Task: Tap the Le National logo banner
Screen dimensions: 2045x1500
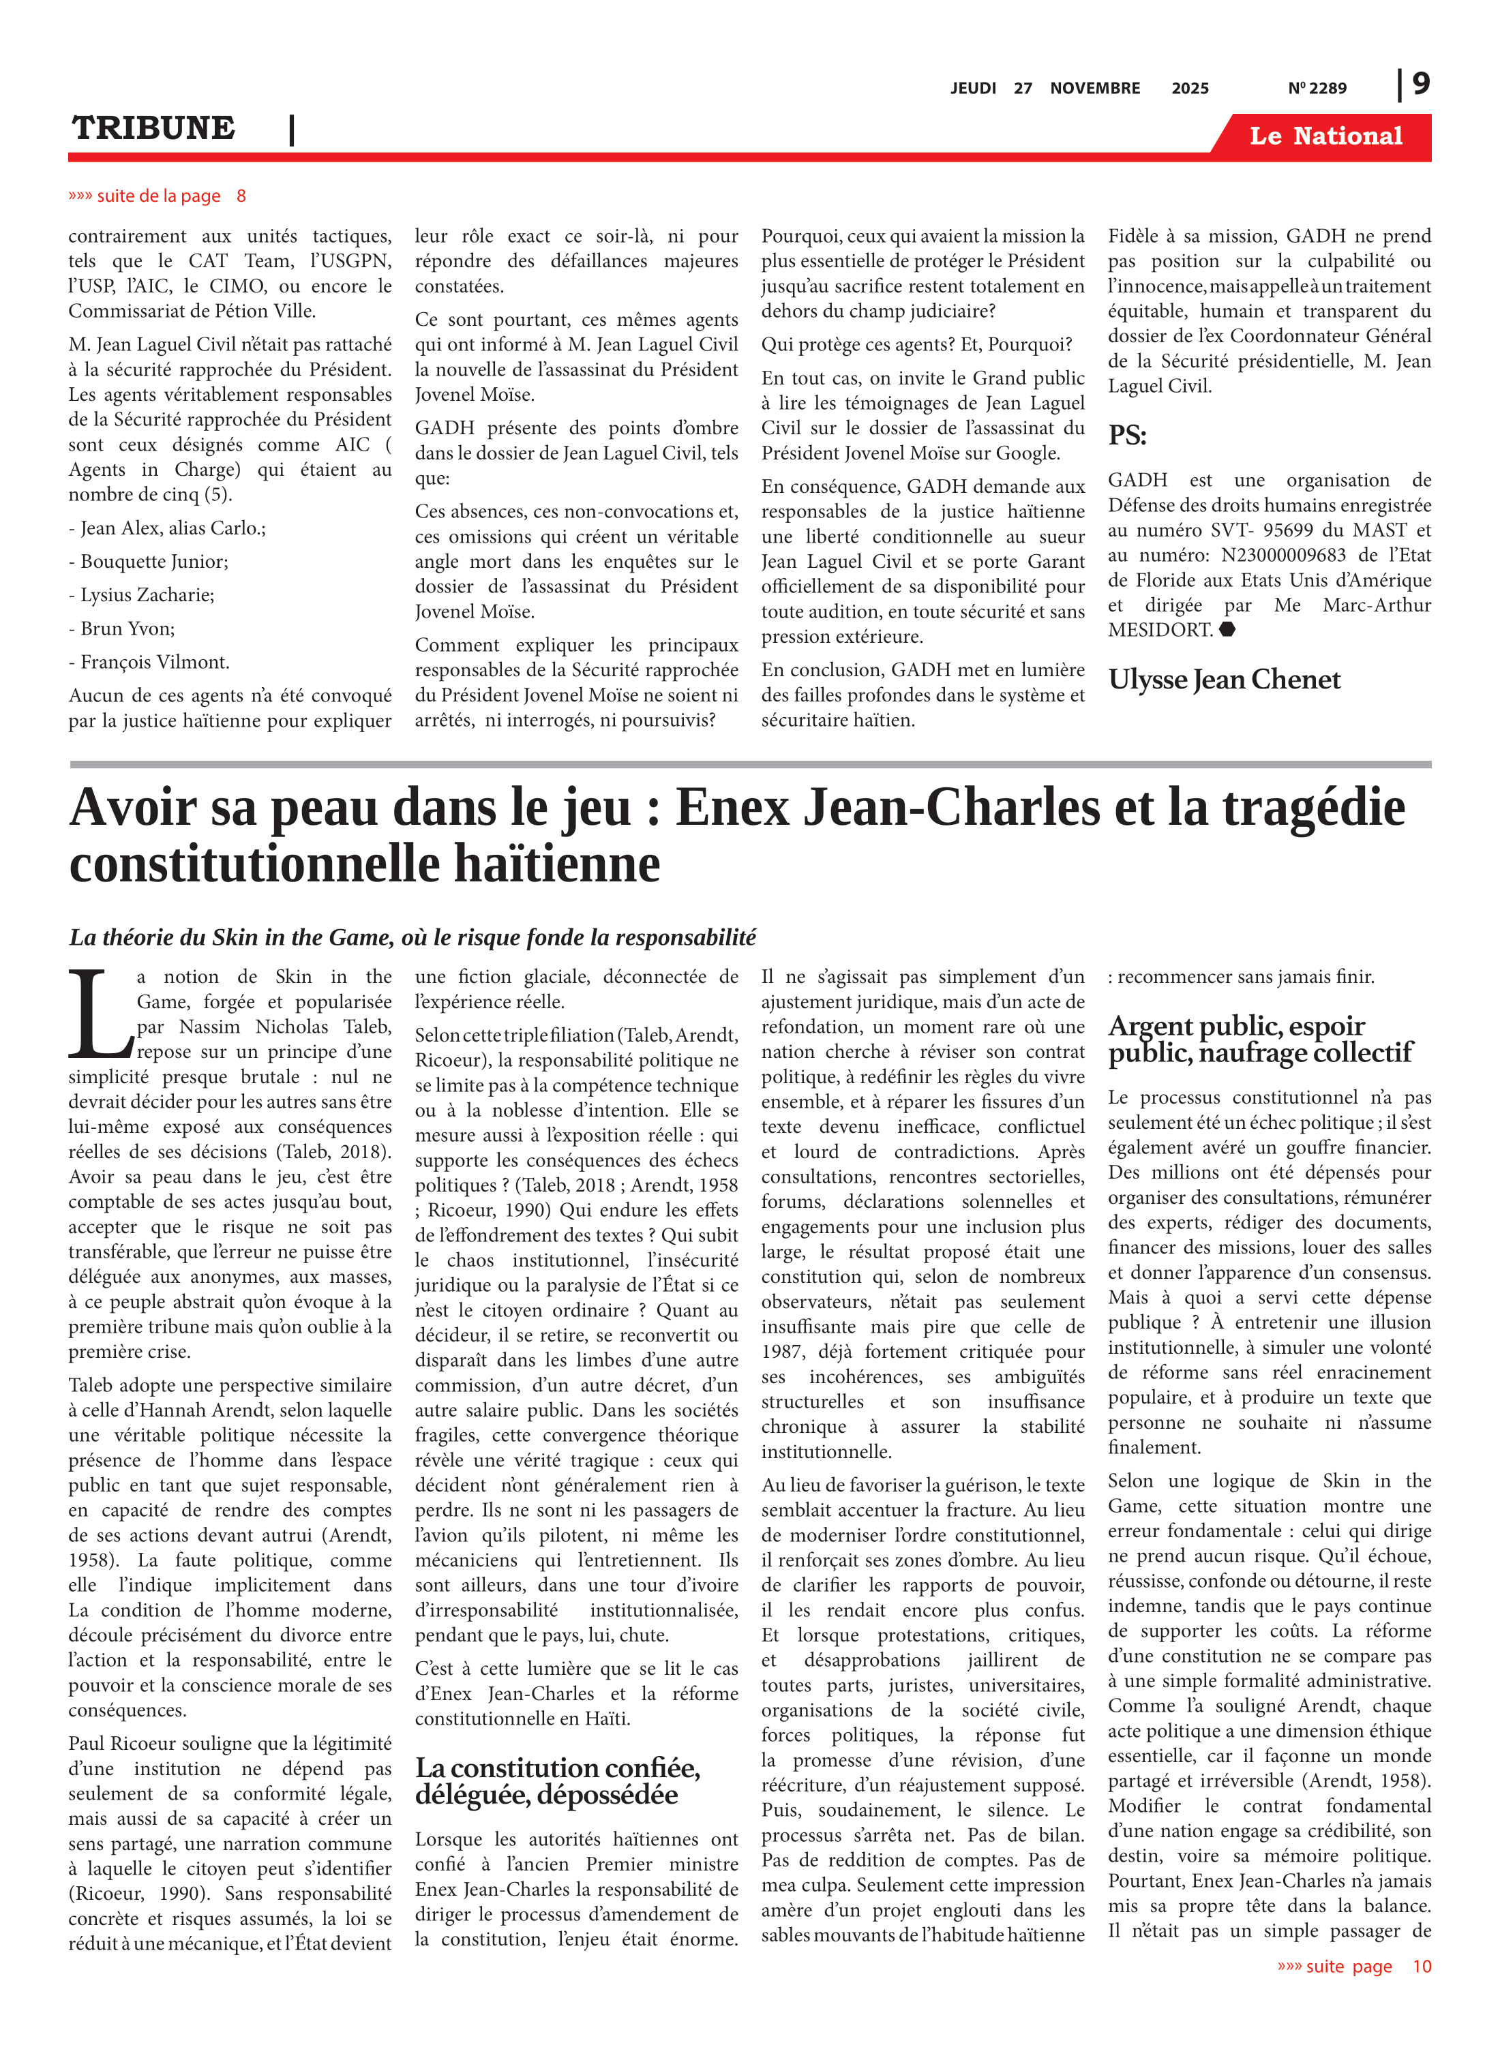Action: [x=1325, y=136]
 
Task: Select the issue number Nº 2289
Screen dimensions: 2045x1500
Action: [x=1317, y=88]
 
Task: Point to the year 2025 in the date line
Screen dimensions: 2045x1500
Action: [x=1190, y=88]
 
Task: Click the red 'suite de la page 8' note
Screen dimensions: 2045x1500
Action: [x=156, y=196]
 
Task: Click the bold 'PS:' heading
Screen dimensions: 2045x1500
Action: [x=1127, y=436]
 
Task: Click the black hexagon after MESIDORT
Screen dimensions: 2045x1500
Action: [x=1227, y=630]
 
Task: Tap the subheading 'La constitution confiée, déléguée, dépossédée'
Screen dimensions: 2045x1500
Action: [x=558, y=1781]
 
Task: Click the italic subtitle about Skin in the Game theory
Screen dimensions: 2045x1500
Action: [x=412, y=937]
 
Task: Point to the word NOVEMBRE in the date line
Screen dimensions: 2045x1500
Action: [x=1094, y=88]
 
